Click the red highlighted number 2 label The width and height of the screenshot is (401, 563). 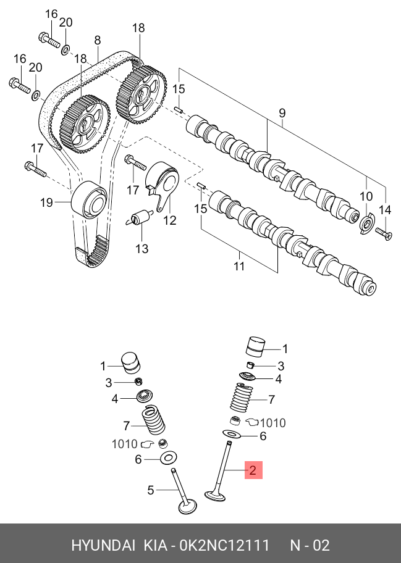253,470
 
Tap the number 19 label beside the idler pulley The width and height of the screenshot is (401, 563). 47,202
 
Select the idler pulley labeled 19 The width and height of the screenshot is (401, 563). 88,199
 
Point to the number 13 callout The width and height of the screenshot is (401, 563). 142,249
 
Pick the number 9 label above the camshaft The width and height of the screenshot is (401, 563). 282,113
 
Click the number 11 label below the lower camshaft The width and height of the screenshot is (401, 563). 239,266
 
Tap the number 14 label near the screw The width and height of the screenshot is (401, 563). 385,210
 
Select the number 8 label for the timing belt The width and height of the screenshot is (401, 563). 97,40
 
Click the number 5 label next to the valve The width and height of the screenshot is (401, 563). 150,490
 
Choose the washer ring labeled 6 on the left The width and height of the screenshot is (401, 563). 167,458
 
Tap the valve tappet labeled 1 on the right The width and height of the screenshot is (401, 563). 255,347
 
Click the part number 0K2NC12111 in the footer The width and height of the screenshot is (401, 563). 224,546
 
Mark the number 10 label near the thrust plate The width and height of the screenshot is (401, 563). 366,197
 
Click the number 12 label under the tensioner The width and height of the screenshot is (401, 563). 169,220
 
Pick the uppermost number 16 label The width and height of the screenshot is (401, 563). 51,14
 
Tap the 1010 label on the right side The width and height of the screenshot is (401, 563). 272,423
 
